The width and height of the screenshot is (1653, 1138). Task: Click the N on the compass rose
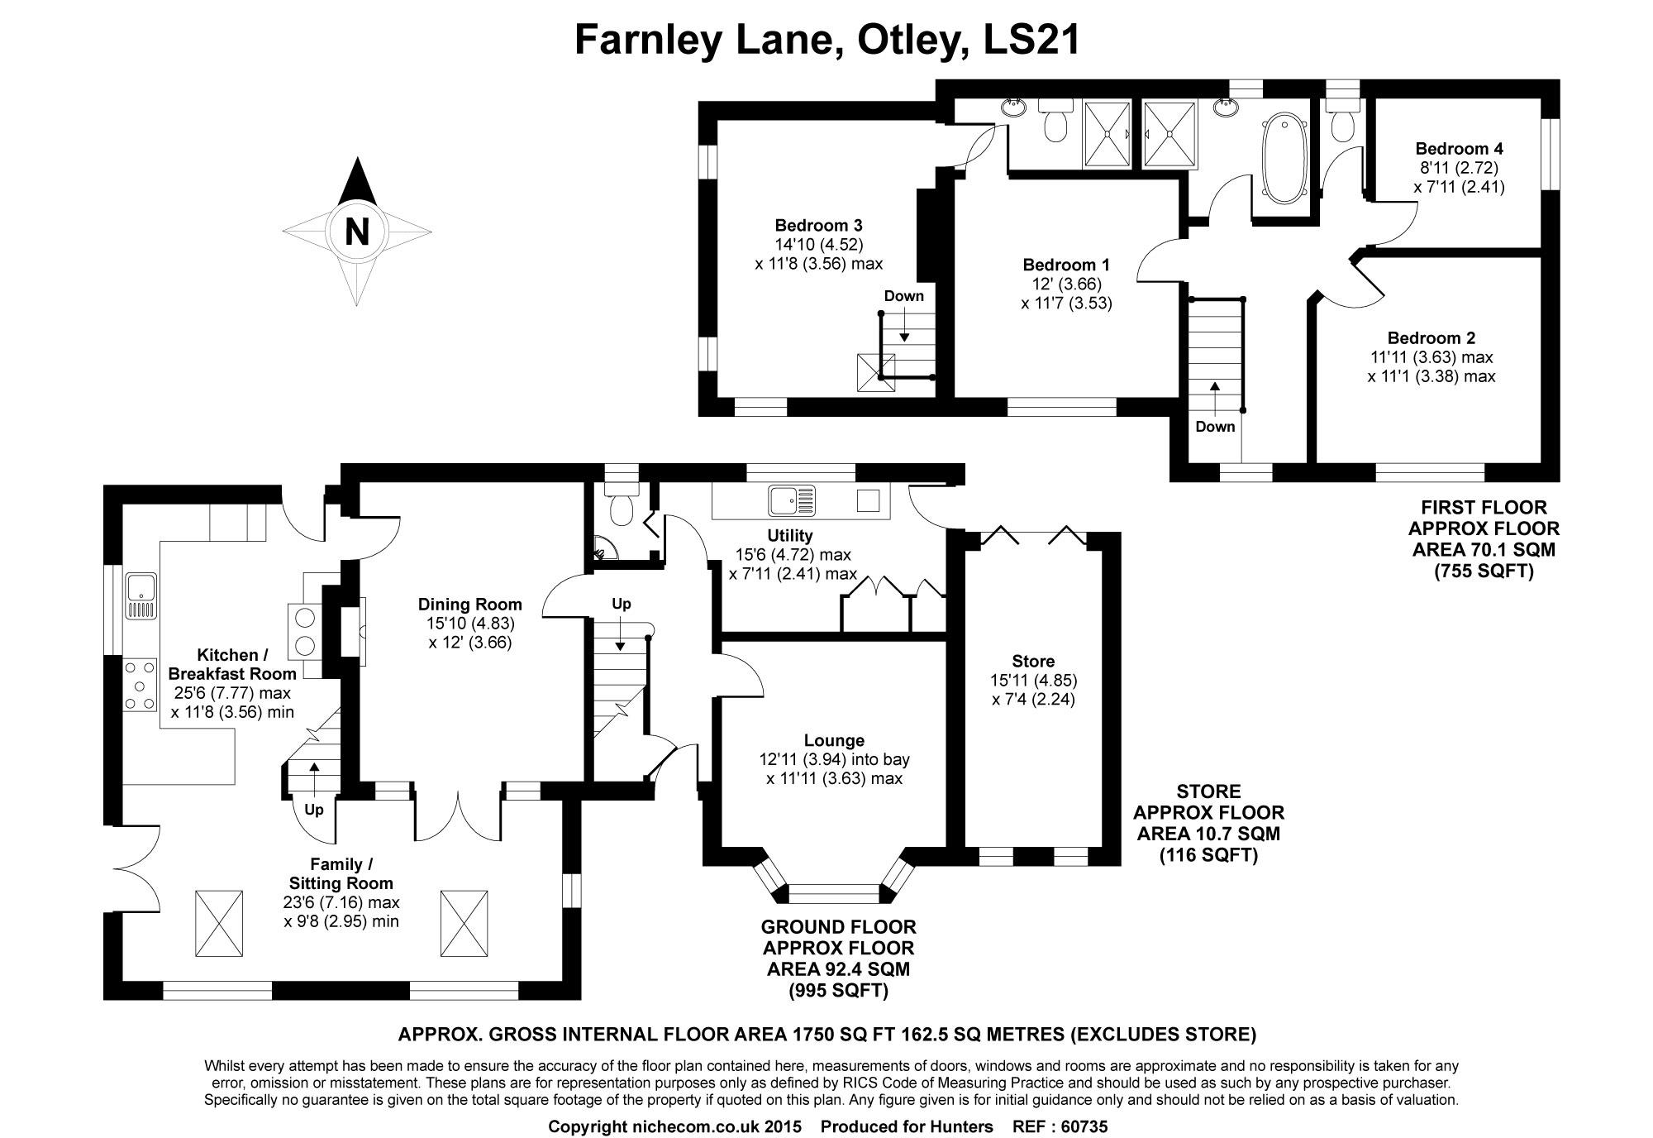pyautogui.click(x=357, y=232)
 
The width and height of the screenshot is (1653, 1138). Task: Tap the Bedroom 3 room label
pyautogui.click(x=818, y=225)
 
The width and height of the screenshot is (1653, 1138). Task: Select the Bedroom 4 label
pyautogui.click(x=1459, y=149)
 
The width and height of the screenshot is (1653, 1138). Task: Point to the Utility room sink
pyautogui.click(x=792, y=500)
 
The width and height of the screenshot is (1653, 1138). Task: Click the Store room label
pyautogui.click(x=1033, y=661)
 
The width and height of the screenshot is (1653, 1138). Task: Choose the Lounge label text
pyautogui.click(x=834, y=740)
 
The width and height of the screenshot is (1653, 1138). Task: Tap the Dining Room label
pyautogui.click(x=469, y=604)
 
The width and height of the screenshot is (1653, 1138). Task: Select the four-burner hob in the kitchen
pyautogui.click(x=141, y=684)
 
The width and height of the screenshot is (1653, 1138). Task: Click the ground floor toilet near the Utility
pyautogui.click(x=621, y=506)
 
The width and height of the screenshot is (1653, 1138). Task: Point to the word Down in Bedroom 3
pyautogui.click(x=903, y=296)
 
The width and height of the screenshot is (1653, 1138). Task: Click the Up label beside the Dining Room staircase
pyautogui.click(x=622, y=604)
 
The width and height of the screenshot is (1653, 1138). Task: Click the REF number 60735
pyautogui.click(x=1083, y=1126)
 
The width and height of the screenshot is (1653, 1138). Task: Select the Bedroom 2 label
pyautogui.click(x=1431, y=337)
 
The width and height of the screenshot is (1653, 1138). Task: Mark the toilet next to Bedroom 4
pyautogui.click(x=1342, y=124)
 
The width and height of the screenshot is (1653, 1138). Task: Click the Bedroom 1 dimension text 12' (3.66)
pyautogui.click(x=1066, y=284)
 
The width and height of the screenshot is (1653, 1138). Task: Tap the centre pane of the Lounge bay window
pyautogui.click(x=834, y=893)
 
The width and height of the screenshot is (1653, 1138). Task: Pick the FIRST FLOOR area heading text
pyautogui.click(x=1484, y=507)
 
